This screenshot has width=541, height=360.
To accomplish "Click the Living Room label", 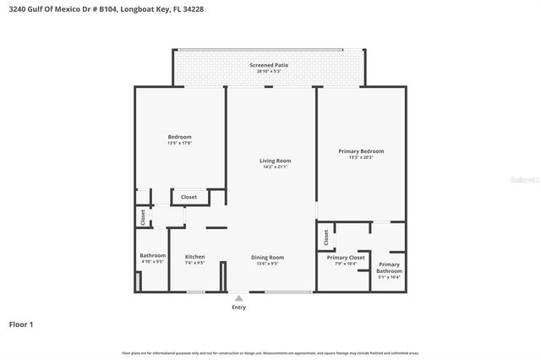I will (x=275, y=161).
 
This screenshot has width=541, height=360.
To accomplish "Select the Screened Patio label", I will (x=270, y=65).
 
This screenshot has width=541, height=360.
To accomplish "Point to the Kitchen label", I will (x=194, y=257).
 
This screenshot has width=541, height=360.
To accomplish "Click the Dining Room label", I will (x=267, y=257).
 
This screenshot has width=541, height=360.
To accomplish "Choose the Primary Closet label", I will (x=346, y=257).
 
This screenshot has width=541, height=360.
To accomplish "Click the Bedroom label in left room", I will (x=179, y=137).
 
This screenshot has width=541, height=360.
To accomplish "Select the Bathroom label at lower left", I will (x=152, y=255).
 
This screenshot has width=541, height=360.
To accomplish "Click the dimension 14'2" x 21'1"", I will (x=275, y=166).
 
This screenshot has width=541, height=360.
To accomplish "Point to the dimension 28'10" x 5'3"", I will (x=270, y=72).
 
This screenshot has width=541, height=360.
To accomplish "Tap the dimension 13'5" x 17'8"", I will (x=179, y=143).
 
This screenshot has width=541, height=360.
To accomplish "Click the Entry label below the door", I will (x=239, y=307).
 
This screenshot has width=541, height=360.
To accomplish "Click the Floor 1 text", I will (x=20, y=324).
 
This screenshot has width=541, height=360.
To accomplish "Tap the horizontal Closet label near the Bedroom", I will (x=189, y=197).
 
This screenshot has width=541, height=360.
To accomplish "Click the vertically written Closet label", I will (x=143, y=217).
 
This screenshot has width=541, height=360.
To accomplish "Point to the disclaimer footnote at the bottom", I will (x=270, y=352).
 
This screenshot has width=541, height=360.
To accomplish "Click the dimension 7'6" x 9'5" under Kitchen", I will (x=194, y=263).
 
